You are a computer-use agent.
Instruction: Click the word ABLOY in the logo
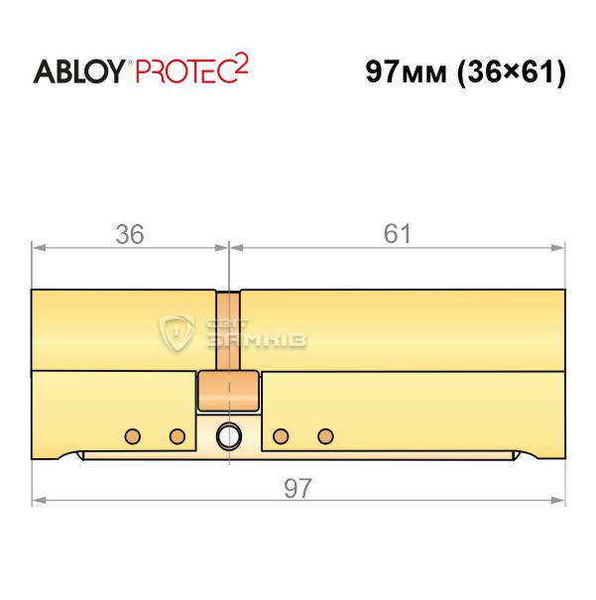click(79, 71)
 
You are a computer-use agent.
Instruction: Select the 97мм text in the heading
click(406, 71)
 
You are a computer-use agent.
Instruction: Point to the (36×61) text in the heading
click(512, 72)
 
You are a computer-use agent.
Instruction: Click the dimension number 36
click(130, 234)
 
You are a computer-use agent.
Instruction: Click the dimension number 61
click(397, 234)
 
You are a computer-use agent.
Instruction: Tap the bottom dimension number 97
click(298, 488)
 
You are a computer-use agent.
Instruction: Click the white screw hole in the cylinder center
click(229, 435)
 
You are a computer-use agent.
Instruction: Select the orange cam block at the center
click(228, 391)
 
